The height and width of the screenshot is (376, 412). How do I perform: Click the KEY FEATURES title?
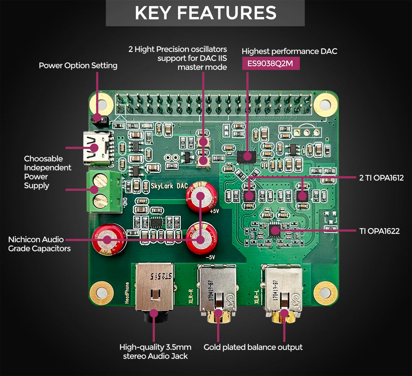point(205,13)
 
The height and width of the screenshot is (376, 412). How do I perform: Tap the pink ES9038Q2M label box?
point(270,63)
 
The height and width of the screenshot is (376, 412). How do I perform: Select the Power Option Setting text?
point(78,66)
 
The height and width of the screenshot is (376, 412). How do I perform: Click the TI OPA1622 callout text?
point(379,231)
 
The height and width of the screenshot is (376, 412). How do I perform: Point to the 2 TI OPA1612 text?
point(381,178)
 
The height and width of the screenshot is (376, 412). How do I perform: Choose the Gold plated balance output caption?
point(253,347)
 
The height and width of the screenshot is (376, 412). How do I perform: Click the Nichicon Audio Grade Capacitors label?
point(39,244)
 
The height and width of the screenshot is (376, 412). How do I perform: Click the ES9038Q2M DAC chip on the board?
point(246,156)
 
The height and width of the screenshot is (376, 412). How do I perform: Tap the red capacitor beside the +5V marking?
point(200,196)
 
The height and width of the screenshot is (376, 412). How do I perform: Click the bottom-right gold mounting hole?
point(325,293)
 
